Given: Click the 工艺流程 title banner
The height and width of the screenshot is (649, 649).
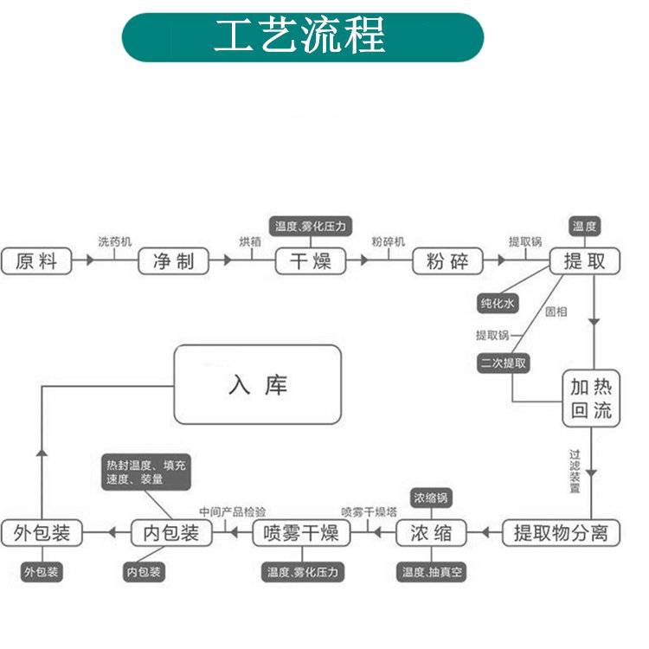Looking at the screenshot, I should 302,37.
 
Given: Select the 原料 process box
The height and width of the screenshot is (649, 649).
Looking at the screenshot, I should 36,261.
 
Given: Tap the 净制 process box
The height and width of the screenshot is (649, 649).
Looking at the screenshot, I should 174,261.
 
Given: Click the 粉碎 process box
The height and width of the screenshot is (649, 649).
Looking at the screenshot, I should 447,261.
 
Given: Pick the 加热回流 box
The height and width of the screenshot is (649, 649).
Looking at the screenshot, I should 591,398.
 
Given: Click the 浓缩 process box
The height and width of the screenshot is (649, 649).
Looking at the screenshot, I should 431,532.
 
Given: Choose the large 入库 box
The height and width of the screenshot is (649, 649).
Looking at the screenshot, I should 257,384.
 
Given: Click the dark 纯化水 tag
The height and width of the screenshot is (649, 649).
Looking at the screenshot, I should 498,303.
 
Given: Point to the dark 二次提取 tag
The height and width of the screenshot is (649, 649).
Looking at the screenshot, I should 503,363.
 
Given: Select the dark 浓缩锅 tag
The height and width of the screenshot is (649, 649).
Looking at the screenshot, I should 431,498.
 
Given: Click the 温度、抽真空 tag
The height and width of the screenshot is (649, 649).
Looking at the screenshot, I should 432,572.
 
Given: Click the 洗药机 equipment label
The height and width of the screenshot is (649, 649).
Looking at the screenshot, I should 114,241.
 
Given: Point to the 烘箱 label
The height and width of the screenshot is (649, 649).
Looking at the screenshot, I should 250,241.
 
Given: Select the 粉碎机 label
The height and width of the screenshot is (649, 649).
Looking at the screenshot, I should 388,241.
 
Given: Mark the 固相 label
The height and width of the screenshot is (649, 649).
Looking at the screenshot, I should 556,312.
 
